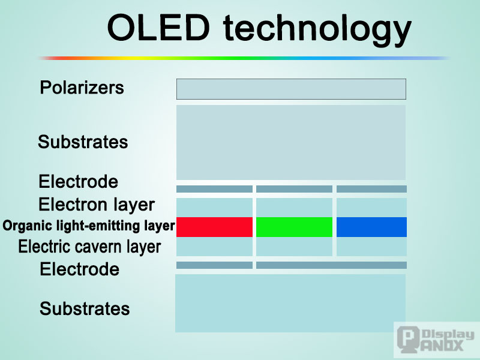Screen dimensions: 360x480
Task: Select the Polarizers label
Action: tap(82, 88)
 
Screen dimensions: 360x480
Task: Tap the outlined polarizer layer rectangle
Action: tap(291, 89)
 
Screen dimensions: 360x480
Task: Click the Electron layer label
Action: tap(97, 205)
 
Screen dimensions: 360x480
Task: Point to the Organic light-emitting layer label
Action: tap(89, 226)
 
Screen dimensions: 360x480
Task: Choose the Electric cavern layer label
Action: tap(89, 247)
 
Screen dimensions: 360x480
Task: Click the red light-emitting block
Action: tap(214, 227)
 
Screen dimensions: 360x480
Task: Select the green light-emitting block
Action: tap(294, 227)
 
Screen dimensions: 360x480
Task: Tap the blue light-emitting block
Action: tap(371, 227)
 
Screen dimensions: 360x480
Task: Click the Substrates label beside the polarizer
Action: tap(83, 142)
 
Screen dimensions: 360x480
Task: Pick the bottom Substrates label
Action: tap(85, 309)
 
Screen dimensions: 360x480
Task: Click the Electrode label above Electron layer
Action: tap(79, 181)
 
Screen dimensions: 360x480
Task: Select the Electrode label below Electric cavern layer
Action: tap(80, 269)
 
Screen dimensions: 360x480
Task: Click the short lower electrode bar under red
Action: tap(214, 265)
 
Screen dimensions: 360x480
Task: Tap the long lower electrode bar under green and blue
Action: tap(331, 265)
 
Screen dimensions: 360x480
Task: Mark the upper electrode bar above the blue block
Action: tap(371, 189)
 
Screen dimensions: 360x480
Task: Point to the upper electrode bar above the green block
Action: tap(294, 189)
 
